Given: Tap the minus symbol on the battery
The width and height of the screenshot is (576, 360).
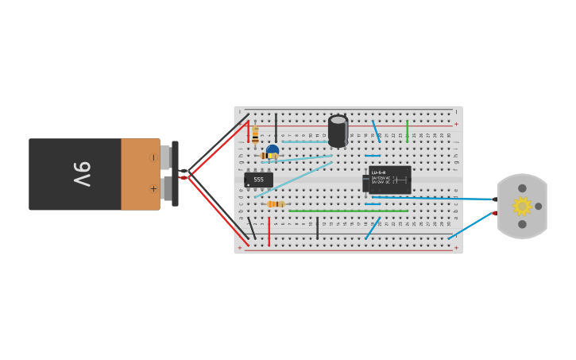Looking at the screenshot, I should (153, 157).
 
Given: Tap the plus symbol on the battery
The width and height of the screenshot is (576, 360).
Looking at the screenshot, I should (153, 189).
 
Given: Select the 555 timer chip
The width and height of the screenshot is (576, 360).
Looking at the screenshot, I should (258, 180).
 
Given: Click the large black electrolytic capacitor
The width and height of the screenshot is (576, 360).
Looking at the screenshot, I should (338, 131).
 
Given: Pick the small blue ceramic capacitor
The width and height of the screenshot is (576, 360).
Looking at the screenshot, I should (273, 149).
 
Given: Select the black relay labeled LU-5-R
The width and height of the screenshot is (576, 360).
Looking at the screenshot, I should (389, 180).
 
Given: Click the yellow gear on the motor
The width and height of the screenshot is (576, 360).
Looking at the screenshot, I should (521, 206).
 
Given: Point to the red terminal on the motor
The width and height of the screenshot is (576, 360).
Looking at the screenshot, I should (494, 213).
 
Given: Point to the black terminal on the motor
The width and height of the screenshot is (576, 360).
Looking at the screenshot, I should (494, 199).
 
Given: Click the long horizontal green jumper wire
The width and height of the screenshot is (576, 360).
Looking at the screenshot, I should (348, 211).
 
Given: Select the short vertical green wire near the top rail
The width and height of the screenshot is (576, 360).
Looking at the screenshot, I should (407, 131).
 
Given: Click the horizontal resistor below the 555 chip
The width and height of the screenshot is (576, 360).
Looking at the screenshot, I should (275, 204).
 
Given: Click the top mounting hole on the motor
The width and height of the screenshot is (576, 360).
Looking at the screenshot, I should (522, 188).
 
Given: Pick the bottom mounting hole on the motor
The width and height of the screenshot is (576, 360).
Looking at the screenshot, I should (522, 224).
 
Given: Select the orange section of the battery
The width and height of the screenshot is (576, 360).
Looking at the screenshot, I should (140, 174).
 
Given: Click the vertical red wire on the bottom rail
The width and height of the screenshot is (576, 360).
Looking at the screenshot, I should (269, 231).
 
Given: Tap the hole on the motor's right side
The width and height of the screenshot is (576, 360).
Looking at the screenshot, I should (539, 206).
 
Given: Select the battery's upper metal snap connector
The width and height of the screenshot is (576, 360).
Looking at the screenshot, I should (164, 157).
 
